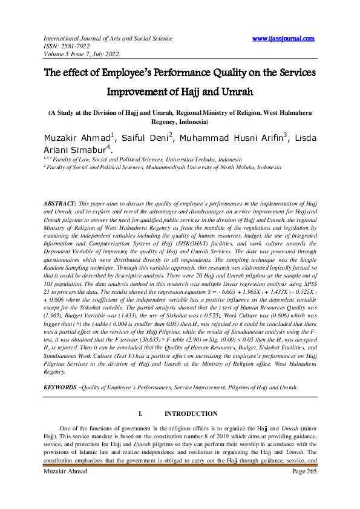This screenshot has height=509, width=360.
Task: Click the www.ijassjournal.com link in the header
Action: pos(283,39)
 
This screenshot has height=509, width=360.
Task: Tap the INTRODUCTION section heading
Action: pos(191,414)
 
